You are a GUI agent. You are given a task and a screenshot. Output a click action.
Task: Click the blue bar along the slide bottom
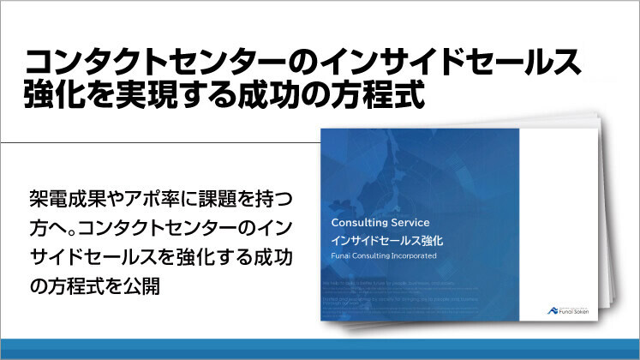pyautogui.click(x=320, y=350)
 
